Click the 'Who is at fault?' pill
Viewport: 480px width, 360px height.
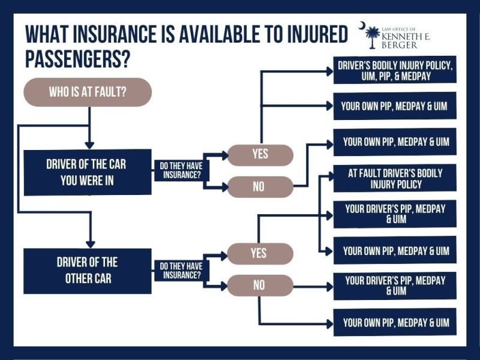coord(88,92)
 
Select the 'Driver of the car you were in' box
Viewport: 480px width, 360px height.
coord(88,172)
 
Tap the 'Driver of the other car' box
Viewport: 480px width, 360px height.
coord(88,271)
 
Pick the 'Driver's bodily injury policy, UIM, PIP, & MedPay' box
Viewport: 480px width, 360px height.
coord(395,70)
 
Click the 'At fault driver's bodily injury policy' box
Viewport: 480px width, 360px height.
coord(395,178)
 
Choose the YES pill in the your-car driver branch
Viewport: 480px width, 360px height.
coord(260,155)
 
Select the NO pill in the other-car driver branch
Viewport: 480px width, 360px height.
coord(260,286)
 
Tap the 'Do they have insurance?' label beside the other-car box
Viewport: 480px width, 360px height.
coord(182,271)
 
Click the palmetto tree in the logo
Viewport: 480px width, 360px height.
coord(372,37)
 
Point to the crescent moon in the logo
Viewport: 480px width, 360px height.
coord(362,26)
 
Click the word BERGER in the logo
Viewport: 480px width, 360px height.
coord(399,46)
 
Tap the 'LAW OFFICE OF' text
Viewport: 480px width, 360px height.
coord(398,29)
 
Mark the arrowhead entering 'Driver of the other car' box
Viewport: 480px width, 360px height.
coord(91,244)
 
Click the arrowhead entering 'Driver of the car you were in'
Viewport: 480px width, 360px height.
coord(89,145)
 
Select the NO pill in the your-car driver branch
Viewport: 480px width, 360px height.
coord(260,187)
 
